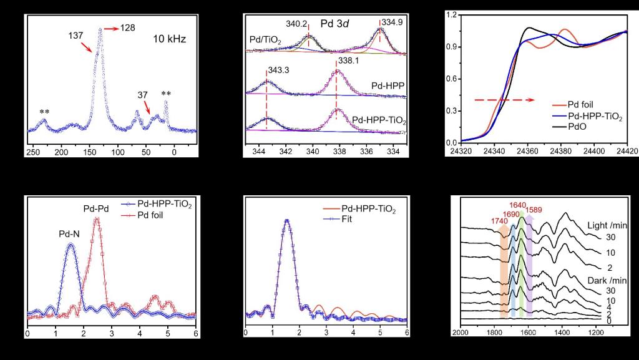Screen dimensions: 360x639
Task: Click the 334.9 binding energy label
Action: tap(392, 22)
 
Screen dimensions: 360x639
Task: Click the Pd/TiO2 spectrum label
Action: tap(265, 41)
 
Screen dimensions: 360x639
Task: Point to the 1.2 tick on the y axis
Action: tap(453, 14)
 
